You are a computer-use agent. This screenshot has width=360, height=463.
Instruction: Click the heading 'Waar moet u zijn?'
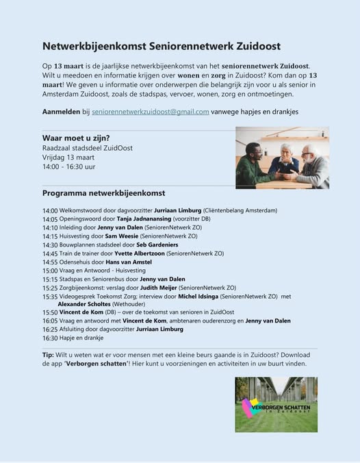click(x=76, y=138)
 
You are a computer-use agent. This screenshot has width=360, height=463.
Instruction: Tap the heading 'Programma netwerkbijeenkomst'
click(x=103, y=193)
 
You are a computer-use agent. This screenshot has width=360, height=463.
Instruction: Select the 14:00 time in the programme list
click(x=50, y=210)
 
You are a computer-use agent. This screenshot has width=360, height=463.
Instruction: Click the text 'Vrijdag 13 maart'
click(x=68, y=157)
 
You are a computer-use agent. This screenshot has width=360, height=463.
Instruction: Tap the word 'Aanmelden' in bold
click(x=61, y=112)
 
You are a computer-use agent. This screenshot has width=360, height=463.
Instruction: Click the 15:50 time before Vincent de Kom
click(x=50, y=312)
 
